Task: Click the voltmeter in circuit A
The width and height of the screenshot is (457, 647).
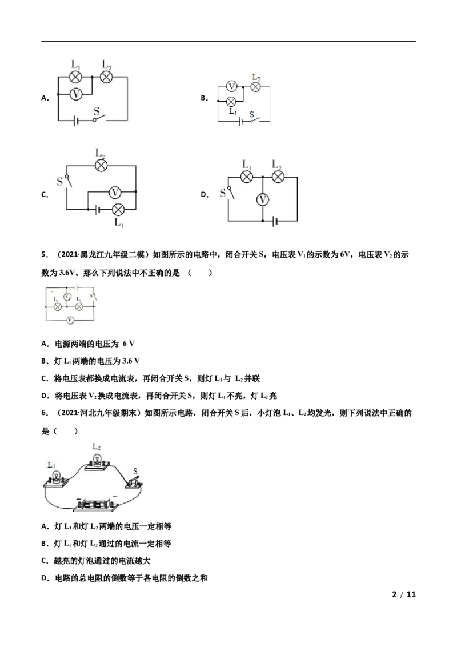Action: click(75, 94)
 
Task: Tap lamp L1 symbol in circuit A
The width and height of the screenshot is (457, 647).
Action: click(75, 77)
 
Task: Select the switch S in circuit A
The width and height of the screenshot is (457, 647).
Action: click(99, 118)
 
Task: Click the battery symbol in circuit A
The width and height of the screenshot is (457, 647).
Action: click(75, 121)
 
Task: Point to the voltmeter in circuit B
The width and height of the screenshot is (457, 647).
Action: click(232, 86)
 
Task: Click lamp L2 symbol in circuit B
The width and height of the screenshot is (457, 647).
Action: click(256, 86)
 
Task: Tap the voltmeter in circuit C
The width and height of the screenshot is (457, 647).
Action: click(115, 192)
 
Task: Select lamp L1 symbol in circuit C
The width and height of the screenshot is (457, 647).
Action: click(118, 210)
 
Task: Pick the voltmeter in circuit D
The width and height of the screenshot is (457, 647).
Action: click(262, 199)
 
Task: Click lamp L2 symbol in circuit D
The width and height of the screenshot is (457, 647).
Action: click(278, 177)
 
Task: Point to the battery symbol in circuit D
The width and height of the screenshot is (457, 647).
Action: click(275, 221)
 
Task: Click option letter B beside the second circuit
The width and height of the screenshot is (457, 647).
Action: click(204, 98)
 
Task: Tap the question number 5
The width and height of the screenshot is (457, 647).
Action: click(45, 255)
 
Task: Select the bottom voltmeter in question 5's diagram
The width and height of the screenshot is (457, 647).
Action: click(70, 320)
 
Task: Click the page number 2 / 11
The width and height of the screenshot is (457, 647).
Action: click(404, 594)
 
